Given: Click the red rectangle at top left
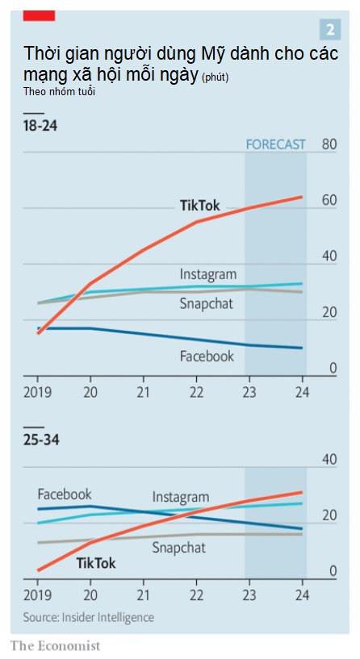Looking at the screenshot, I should pos(39,15).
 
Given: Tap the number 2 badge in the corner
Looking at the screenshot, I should pos(329,30).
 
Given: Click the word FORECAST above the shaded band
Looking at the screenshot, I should pos(275,144).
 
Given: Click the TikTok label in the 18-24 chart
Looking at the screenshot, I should pos(199,205).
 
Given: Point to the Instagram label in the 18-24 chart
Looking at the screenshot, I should pos(207,274).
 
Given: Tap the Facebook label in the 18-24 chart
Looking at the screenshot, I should pos(207,356).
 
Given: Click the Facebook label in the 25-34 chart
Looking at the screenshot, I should pos(65,494).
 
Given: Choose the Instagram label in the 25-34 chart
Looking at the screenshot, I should pos(181,497).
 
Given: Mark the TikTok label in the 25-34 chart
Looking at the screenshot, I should pos(96,563).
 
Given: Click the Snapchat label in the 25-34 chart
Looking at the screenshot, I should pos(178,548).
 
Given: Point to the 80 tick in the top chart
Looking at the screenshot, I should pos(329,144).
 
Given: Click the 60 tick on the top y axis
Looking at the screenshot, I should pos(329,200).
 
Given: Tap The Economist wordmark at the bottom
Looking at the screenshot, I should pos(55,645).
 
